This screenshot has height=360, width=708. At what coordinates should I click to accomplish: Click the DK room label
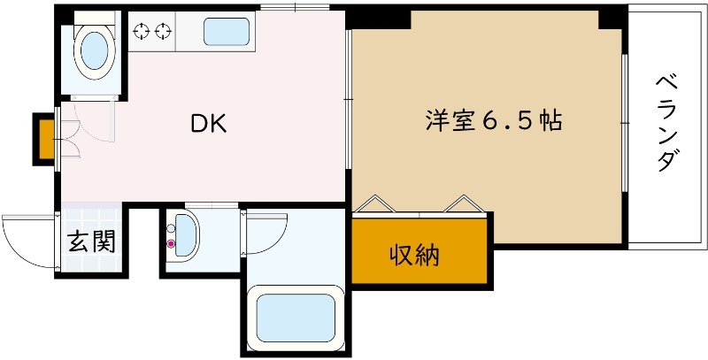(x=210, y=125)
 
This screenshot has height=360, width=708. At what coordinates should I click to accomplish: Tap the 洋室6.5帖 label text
(x=493, y=122)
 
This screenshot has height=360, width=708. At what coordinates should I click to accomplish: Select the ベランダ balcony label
(x=667, y=123)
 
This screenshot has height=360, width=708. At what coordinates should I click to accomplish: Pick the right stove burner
(x=162, y=32)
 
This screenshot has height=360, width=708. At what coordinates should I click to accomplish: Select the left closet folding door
(x=376, y=203)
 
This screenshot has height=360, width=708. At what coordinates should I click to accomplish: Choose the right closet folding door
(x=463, y=203)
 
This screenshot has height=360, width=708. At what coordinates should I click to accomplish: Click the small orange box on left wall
(x=42, y=138)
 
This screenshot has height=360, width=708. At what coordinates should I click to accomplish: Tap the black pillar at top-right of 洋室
(x=612, y=17)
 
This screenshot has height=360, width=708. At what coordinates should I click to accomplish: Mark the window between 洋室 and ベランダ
(x=624, y=123)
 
